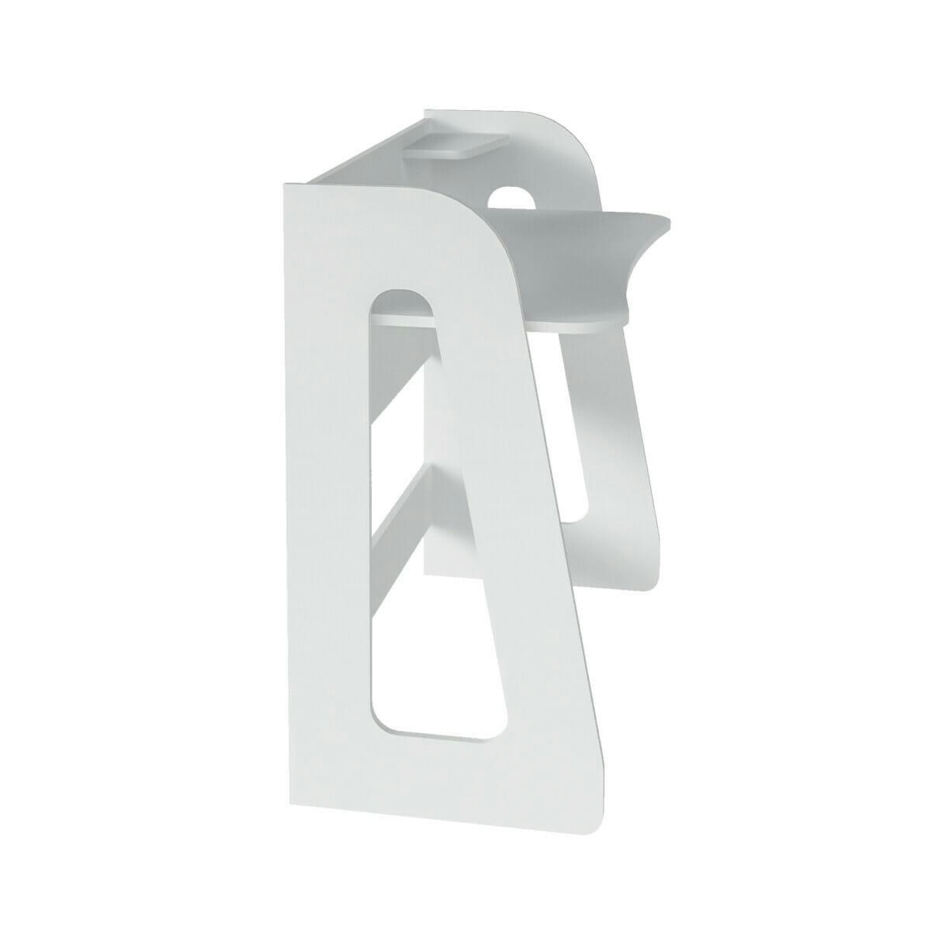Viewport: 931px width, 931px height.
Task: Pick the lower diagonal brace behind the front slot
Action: (403, 512)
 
